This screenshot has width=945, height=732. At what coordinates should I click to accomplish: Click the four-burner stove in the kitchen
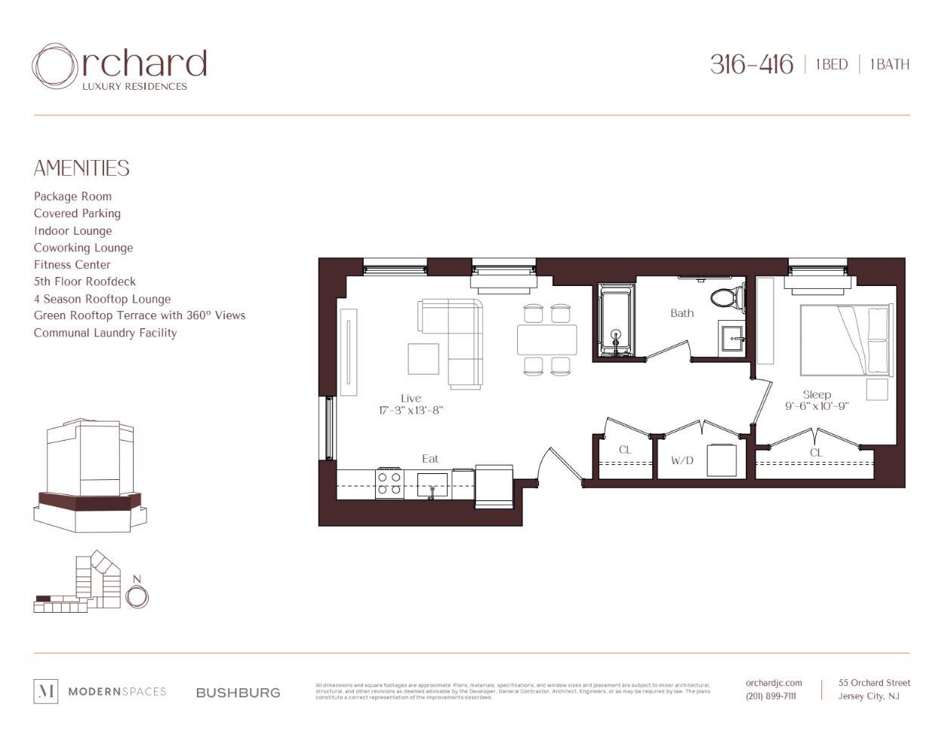(x=389, y=483)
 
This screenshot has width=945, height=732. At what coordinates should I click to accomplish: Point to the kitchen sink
(x=432, y=484)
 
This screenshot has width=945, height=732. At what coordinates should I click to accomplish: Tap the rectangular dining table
(x=546, y=340)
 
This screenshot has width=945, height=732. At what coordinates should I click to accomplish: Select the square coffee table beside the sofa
(x=423, y=358)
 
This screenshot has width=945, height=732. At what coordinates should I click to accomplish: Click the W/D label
(x=682, y=460)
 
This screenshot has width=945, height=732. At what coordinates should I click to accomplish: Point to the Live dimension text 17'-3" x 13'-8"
(x=411, y=411)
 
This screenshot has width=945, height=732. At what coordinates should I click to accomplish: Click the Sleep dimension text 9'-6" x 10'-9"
(x=817, y=406)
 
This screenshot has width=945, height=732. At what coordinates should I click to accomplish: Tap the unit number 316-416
(x=751, y=65)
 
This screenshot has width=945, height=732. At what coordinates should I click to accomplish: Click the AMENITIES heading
(x=82, y=168)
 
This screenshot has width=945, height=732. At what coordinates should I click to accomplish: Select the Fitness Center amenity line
(x=72, y=265)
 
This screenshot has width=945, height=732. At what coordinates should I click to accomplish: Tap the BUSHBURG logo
(x=238, y=693)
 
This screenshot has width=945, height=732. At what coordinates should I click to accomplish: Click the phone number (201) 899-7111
(x=771, y=696)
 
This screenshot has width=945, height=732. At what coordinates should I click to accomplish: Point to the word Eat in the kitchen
(x=430, y=459)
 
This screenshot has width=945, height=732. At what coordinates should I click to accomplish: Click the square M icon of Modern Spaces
(x=46, y=691)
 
